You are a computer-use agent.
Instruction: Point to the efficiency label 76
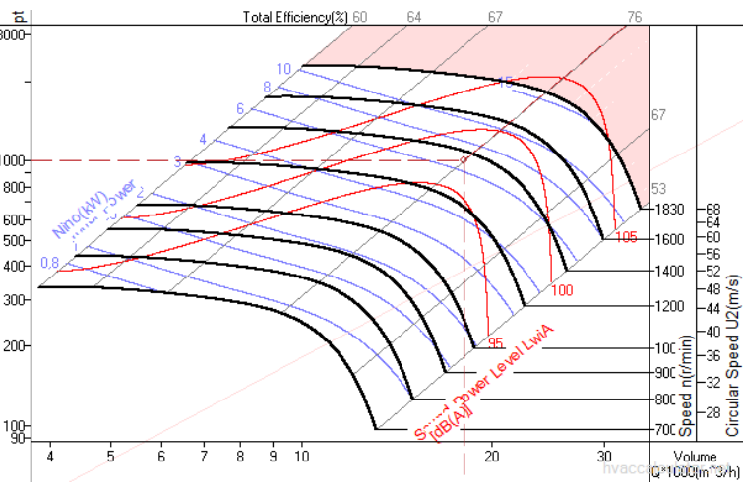(x=635, y=16)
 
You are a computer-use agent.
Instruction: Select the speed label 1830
(x=665, y=209)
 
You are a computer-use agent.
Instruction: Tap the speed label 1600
(x=665, y=238)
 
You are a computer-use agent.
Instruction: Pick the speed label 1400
(x=665, y=270)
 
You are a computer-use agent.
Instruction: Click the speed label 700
(x=665, y=430)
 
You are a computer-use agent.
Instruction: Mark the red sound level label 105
(x=627, y=237)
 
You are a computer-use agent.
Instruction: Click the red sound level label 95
(x=496, y=343)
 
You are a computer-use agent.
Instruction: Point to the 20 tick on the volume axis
(x=491, y=456)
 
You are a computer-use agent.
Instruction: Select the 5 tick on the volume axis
(x=111, y=456)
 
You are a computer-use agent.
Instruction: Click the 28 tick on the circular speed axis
(x=712, y=412)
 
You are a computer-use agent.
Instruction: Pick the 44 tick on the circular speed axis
(x=712, y=309)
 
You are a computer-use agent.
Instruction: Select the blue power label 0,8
(x=50, y=263)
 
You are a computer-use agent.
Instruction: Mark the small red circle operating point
(x=464, y=160)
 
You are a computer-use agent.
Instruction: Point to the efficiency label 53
(x=659, y=189)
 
